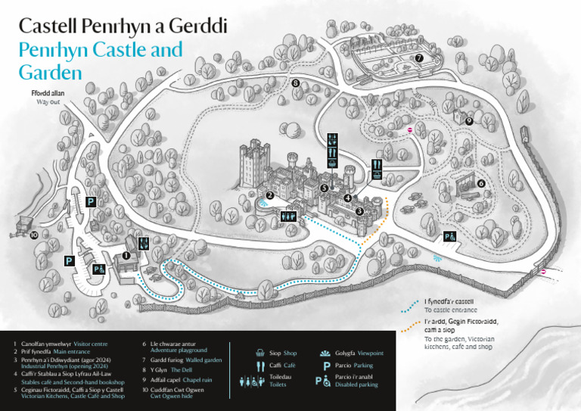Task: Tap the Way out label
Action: tap(48, 100)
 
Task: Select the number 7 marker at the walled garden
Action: tap(418, 58)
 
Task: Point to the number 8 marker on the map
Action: tap(296, 83)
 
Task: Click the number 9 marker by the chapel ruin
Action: tap(469, 120)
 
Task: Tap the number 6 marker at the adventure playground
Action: tap(481, 182)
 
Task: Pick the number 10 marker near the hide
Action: tap(34, 235)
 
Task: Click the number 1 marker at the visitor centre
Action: tap(126, 256)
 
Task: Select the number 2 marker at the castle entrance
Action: tap(270, 195)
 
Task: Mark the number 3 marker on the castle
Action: tap(359, 211)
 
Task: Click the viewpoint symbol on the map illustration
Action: tap(437, 258)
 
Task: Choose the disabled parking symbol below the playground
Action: tap(449, 237)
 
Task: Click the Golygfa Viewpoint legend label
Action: tap(359, 353)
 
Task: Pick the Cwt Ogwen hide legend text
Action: tap(166, 396)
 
